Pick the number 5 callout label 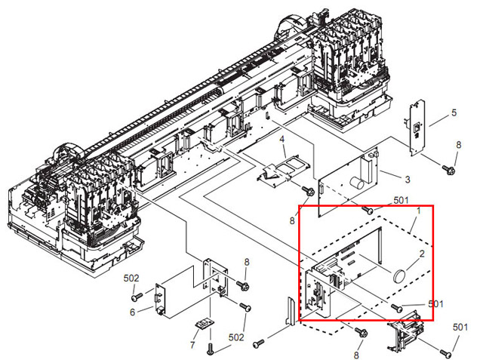pos(454,112)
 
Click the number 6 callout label pos(132,311)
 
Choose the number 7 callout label pos(192,345)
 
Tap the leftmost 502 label pos(131,278)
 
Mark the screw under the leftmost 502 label pos(135,297)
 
